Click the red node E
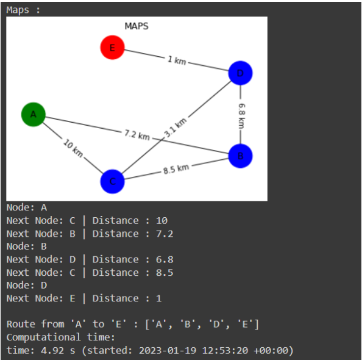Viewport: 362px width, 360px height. tap(112, 48)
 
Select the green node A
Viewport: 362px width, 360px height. tap(34, 115)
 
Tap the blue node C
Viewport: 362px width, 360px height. tap(112, 181)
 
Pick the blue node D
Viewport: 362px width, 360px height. tap(240, 74)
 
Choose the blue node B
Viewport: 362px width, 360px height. tap(240, 156)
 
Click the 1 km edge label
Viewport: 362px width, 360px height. tap(176, 60)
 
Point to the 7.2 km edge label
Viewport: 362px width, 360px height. tap(137, 135)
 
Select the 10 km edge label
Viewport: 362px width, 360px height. tap(73, 148)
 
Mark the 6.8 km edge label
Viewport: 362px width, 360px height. tap(241, 115)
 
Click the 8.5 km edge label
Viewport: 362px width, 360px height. tap(176, 169)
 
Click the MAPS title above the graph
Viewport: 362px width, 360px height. tap(137, 26)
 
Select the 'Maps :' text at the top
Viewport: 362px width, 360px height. tap(23, 9)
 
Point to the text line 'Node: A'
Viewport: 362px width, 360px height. tap(26, 207)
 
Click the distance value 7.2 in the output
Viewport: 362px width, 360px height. tap(165, 234)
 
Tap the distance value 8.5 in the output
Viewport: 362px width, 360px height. tap(165, 272)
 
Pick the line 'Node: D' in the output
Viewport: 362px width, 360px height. tap(26, 285)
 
